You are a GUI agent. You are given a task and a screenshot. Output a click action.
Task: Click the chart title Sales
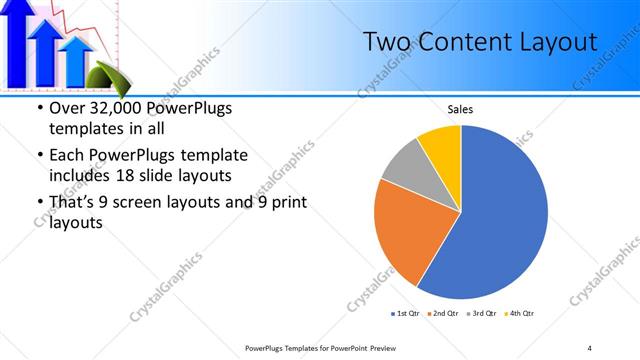460,109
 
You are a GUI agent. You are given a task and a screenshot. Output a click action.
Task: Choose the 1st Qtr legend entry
406,313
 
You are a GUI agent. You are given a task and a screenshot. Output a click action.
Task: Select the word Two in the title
383,42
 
